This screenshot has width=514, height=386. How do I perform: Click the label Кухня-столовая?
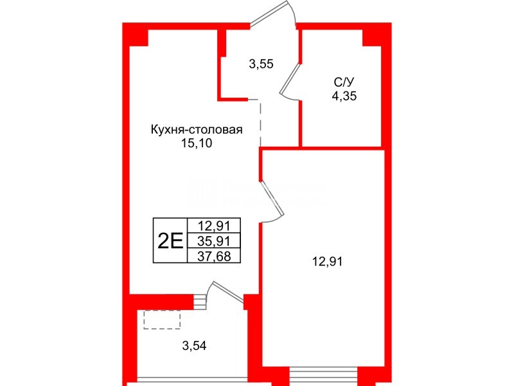click(x=196, y=130)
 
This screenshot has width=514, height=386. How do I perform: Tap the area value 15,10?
click(x=196, y=144)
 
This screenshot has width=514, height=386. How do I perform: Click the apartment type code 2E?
click(x=169, y=241)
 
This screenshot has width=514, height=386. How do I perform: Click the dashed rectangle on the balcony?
click(x=162, y=320)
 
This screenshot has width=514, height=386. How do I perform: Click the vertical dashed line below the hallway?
click(x=260, y=123)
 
